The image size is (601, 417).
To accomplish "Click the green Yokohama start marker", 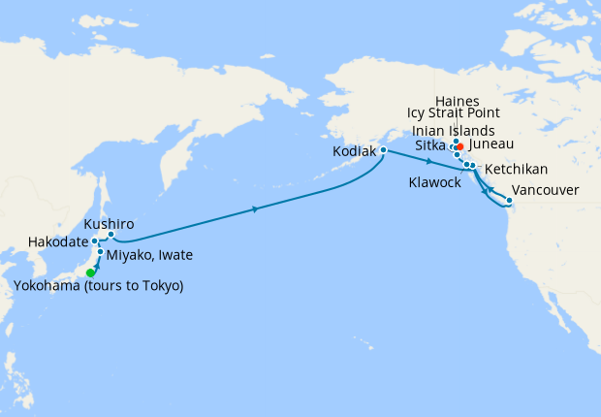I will point(91,273).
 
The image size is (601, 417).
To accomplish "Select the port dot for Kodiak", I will point(384,150).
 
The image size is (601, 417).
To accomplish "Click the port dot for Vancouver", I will point(508,203).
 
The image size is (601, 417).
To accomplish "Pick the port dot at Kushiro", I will point(111,234).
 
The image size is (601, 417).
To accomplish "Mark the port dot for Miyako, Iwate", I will point(100,252).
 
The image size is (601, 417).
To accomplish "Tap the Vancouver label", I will point(545,189).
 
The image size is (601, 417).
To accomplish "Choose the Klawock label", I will point(434,182).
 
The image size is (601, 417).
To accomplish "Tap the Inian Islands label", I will point(454,130).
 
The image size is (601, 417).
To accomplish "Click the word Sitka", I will point(431,144).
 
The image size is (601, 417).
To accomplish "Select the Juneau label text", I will point(491,144).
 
